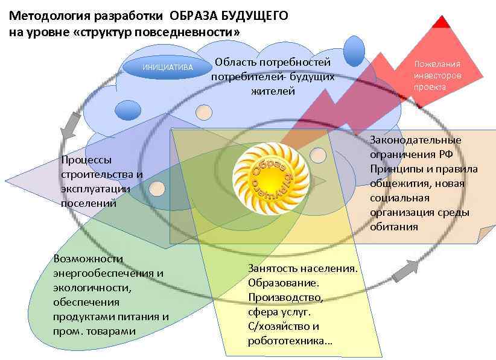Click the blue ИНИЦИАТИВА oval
pyautogui.click(x=167, y=68)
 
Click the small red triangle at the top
pyautogui.click(x=443, y=22)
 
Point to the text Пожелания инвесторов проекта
pyautogui.click(x=437, y=75)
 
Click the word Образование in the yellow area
pyautogui.click(x=283, y=282)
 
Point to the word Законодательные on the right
pyautogui.click(x=416, y=140)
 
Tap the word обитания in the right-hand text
pyautogui.click(x=394, y=227)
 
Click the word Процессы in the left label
pyautogui.click(x=86, y=160)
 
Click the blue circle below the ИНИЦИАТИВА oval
pyautogui.click(x=127, y=110)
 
